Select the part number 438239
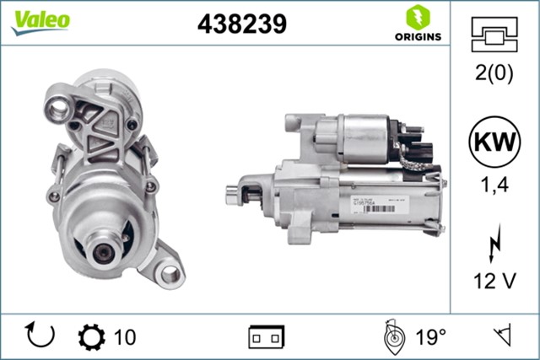click(x=241, y=24)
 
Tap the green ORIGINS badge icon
click(x=415, y=17)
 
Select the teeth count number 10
click(x=124, y=337)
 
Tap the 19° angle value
click(x=429, y=337)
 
